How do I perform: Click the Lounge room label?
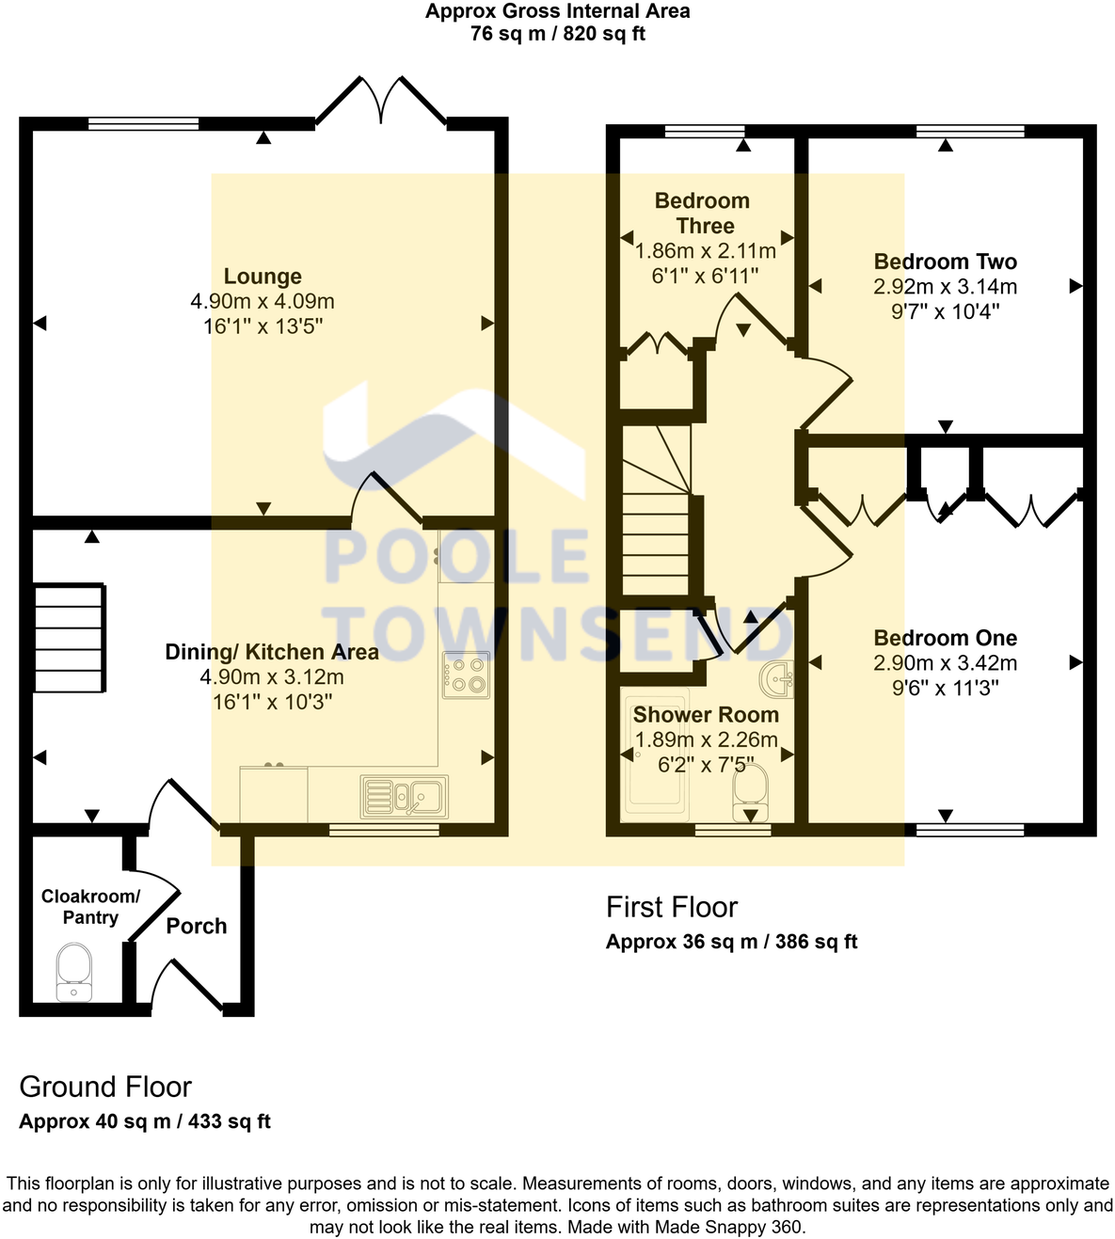[x=263, y=277]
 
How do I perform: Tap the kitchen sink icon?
[x=405, y=797]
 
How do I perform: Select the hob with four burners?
[x=466, y=675]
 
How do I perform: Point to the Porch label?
[x=197, y=927]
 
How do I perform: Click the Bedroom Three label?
[x=704, y=214]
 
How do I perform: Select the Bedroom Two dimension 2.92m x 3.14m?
[x=945, y=287]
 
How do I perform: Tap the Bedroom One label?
[x=945, y=639]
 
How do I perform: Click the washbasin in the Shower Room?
[x=777, y=678]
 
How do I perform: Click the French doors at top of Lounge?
[x=381, y=102]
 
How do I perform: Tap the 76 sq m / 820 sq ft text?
[x=557, y=35]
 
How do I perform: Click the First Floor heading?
[x=672, y=908]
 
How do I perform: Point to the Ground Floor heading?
[x=105, y=1088]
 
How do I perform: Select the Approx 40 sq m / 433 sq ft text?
[x=145, y=1122]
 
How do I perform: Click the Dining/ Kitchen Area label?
[x=272, y=653]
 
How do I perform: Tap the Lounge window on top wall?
[x=144, y=123]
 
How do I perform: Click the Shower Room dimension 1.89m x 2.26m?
[x=707, y=740]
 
